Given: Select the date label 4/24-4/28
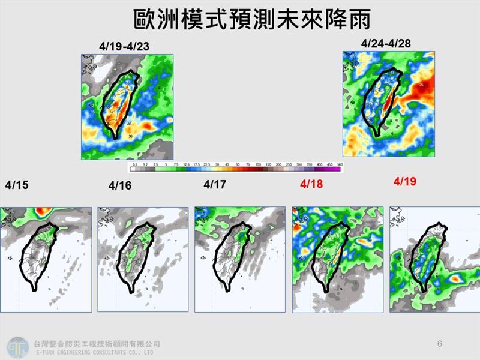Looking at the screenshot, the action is pos(386,43).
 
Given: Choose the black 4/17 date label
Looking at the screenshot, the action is pos(215,184).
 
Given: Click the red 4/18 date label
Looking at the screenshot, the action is pos(311,184).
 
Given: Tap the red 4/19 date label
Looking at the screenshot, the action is pos(406,181).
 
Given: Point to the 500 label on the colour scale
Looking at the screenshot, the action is pos(340,164).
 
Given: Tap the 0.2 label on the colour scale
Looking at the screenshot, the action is pos(136,164).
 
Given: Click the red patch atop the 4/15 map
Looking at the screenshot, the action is pos(41,211).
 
